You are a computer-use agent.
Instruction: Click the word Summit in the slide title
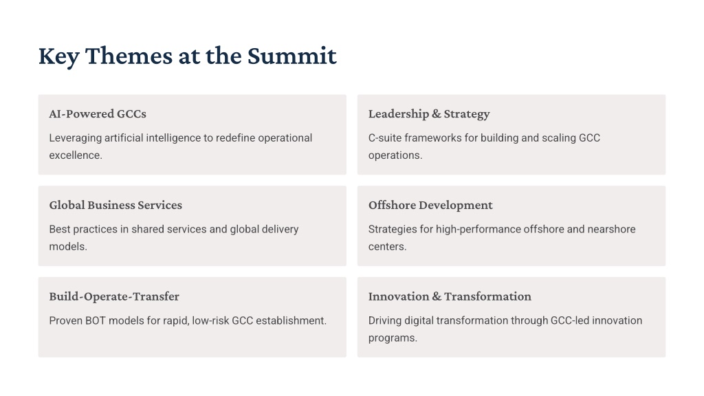pos(291,56)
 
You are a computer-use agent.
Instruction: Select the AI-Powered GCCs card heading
pos(98,114)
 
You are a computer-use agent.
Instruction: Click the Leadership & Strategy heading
pos(429,115)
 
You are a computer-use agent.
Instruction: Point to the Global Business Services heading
pos(115,205)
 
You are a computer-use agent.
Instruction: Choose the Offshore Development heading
pos(430,205)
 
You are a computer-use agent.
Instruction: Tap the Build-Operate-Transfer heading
pos(114,297)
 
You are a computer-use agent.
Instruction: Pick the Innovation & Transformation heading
pos(450,296)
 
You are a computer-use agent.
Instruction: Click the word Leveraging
pos(76,138)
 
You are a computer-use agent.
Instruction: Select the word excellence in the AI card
pos(74,155)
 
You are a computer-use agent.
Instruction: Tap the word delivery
pos(280,230)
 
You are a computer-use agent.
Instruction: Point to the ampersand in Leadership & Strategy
pos(437,114)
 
